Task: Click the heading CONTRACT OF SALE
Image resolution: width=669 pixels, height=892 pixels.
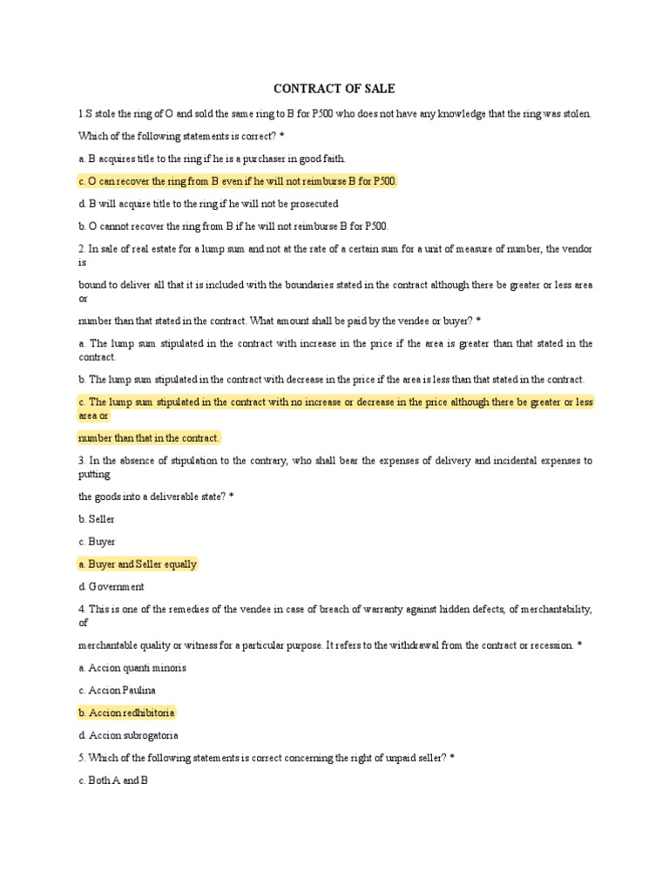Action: [334, 88]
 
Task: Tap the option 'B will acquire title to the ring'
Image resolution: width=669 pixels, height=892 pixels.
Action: [207, 204]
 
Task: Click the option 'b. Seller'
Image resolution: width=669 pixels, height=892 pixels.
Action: [96, 519]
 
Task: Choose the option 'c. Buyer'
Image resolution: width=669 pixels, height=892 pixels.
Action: [96, 542]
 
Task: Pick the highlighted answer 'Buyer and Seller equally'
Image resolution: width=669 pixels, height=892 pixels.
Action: [138, 564]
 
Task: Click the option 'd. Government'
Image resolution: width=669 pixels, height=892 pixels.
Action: [111, 587]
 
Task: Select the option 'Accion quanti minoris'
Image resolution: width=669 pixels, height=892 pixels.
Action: [132, 668]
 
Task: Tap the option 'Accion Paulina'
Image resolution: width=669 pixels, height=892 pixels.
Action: [120, 691]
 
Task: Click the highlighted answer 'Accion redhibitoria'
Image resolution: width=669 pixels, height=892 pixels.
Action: [127, 713]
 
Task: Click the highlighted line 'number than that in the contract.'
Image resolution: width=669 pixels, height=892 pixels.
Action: [149, 437]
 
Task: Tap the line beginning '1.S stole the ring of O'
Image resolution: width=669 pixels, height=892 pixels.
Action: [334, 114]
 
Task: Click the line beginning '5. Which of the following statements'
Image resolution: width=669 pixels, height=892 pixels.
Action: [266, 759]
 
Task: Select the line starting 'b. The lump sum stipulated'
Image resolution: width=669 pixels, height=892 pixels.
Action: [331, 380]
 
